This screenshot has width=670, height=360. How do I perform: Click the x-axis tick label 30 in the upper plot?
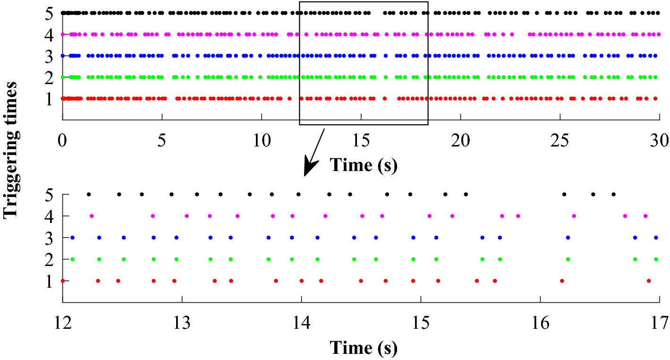660,140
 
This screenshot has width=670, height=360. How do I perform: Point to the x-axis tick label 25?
560,140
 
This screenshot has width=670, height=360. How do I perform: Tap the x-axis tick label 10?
262,140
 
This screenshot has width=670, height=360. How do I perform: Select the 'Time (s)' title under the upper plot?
363,165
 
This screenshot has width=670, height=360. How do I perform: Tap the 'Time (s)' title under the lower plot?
363,348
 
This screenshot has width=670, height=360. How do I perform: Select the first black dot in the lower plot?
88,194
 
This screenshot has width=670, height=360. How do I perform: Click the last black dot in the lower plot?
613,194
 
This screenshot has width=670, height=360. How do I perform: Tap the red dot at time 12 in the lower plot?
63,281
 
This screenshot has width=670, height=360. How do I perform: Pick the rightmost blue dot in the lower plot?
656,237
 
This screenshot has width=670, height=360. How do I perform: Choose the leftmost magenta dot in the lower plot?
92,216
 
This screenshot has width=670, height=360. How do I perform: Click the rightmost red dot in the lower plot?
649,281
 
